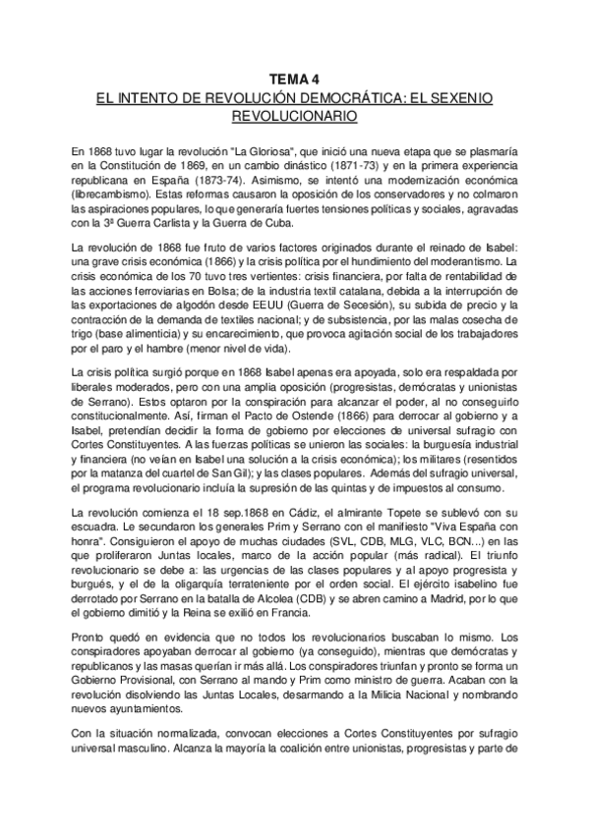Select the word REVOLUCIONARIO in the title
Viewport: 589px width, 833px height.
coord(295,116)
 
